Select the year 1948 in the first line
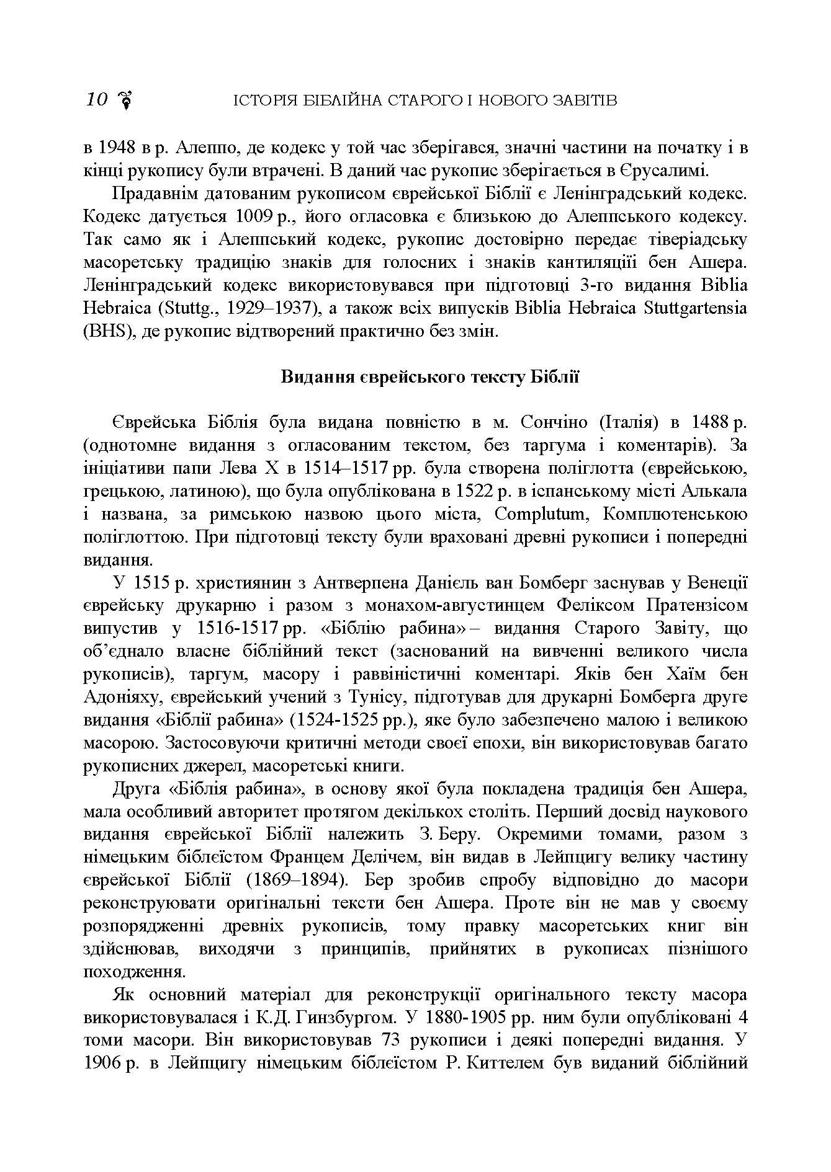click(x=114, y=149)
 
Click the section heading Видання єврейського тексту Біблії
click(x=430, y=377)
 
